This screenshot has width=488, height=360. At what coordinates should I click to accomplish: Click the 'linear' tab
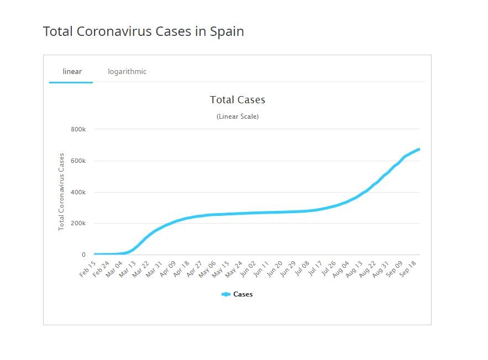(x=72, y=71)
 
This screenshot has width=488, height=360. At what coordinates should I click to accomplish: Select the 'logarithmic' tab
(x=127, y=71)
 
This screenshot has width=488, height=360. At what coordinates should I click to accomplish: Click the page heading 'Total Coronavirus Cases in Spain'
(x=143, y=31)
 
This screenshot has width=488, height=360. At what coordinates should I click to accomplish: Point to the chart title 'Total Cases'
(x=237, y=100)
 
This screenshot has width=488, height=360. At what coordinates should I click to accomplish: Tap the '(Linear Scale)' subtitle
(x=237, y=117)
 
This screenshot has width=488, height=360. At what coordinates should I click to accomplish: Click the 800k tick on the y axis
(x=78, y=129)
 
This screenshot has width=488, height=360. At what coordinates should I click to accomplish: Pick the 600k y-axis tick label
(x=78, y=161)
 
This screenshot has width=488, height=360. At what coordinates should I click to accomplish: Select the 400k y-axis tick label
(x=78, y=192)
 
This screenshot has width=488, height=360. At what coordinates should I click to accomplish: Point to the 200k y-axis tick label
(x=78, y=224)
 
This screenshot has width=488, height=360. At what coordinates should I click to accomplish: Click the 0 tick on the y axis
(x=83, y=255)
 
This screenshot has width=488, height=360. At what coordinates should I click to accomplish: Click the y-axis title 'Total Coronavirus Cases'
(x=61, y=192)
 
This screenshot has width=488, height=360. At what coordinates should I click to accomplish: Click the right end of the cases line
(x=419, y=149)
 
